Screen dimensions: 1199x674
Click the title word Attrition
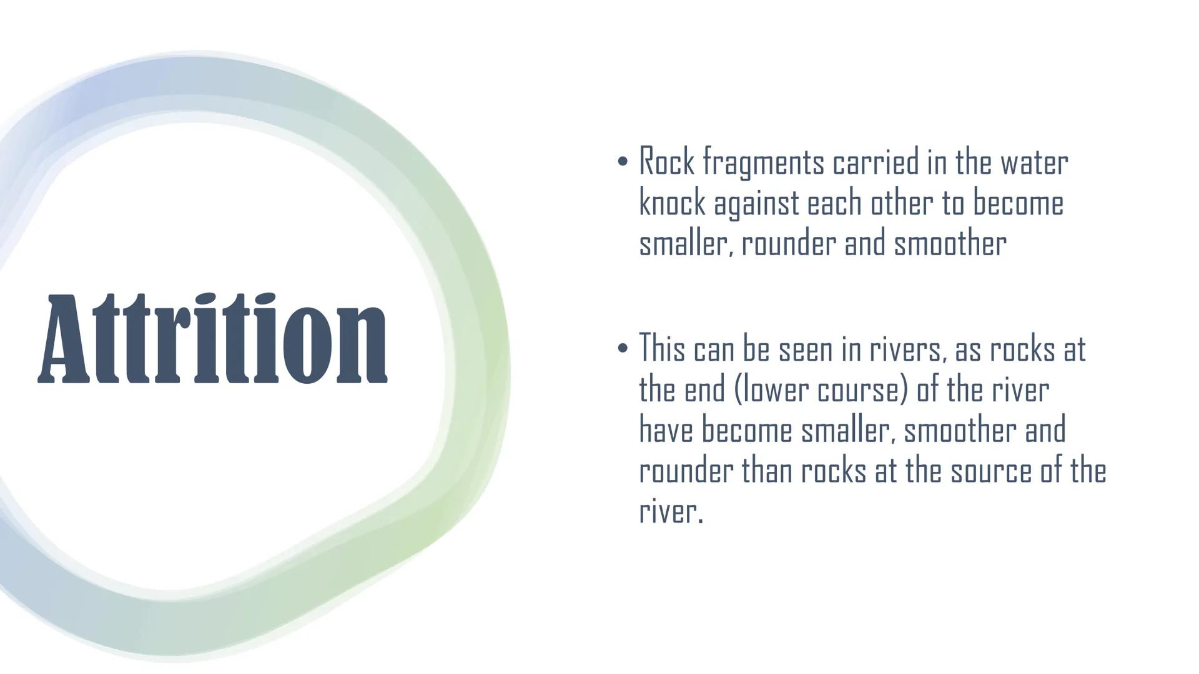click(x=213, y=338)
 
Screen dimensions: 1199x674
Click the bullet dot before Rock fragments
click(x=622, y=162)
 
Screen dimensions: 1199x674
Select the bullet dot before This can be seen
click(x=622, y=348)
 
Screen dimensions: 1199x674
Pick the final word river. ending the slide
click(x=671, y=511)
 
